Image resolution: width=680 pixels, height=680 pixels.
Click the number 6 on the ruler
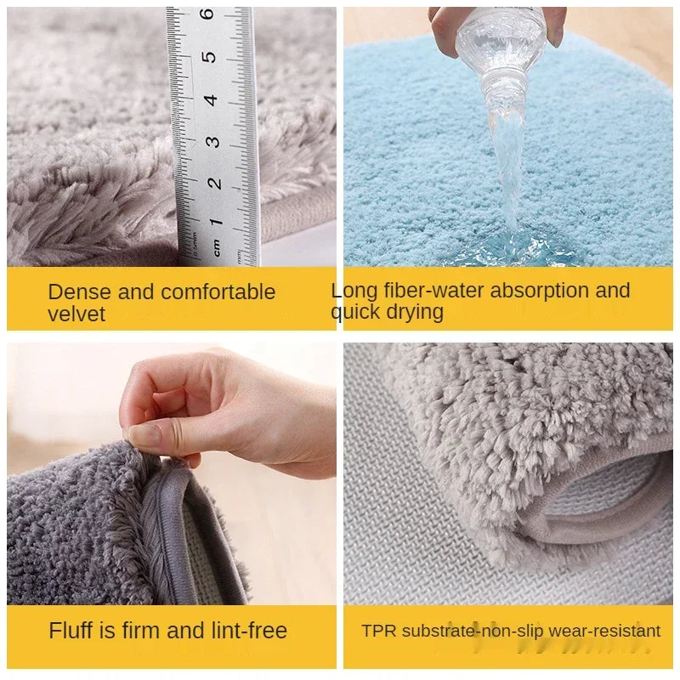(207, 14)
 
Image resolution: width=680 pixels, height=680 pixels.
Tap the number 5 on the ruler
(209, 57)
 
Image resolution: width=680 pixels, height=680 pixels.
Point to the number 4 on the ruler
(210, 100)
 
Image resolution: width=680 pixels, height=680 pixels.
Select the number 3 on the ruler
(212, 142)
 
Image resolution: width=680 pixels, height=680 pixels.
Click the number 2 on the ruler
(214, 184)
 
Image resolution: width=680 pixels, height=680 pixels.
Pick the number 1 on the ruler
(216, 223)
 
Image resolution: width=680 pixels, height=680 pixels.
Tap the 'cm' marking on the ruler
(216, 247)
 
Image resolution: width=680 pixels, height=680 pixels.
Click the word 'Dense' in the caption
(79, 292)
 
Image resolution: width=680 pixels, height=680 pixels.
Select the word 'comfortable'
(218, 292)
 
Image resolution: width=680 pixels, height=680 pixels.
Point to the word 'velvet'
(76, 314)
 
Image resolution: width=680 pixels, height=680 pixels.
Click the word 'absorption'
(540, 291)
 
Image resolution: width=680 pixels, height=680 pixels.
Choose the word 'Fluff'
(71, 630)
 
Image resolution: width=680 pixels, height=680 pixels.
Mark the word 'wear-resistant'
(604, 631)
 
